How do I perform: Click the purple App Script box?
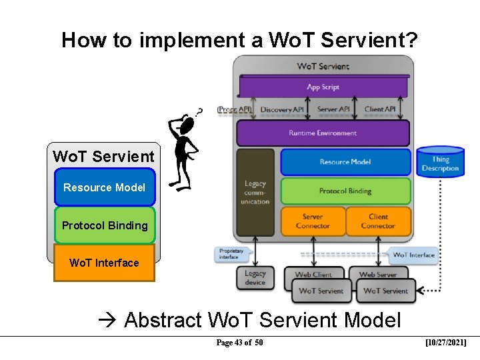pos(323,87)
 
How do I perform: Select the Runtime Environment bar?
pos(323,133)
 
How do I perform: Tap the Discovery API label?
pos(282,109)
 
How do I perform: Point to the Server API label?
pos(333,109)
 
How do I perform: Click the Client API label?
pos(380,109)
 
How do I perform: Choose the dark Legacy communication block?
pos(255,192)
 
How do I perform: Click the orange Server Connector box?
pos(313,221)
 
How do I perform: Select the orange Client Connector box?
pos(378,221)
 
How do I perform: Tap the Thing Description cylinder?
pos(440,163)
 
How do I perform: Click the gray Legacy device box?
pos(255,277)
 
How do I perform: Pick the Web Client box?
pos(313,274)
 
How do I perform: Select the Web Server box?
pos(378,274)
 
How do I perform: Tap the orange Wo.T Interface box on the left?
pos(104,263)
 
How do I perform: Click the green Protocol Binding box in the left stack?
pos(105,225)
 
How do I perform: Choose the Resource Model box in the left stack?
pos(104,187)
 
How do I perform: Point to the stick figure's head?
pos(187,125)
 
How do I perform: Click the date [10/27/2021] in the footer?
pos(445,343)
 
